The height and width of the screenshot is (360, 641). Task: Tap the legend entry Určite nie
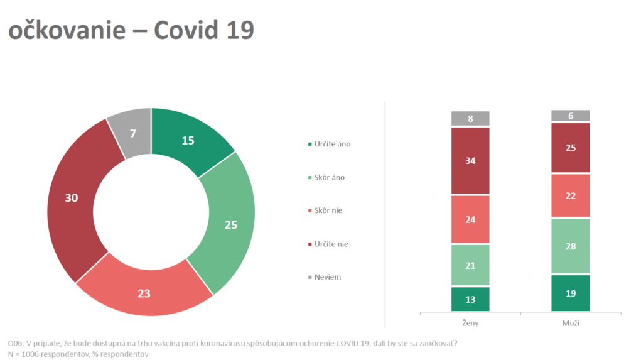[x=331, y=244]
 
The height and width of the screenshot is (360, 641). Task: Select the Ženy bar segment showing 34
[x=470, y=160]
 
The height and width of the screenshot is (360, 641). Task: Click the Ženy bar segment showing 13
[x=470, y=299]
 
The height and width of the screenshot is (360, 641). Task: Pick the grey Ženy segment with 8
[x=470, y=119]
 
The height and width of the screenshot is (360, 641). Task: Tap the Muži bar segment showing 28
[x=571, y=246]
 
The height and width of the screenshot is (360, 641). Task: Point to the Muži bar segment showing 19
[x=571, y=293]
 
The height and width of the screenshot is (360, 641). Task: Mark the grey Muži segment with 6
[x=571, y=116]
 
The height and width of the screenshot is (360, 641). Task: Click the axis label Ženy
[x=470, y=323]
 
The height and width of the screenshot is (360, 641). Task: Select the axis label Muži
[x=571, y=323]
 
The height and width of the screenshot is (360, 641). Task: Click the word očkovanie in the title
[x=67, y=30]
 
